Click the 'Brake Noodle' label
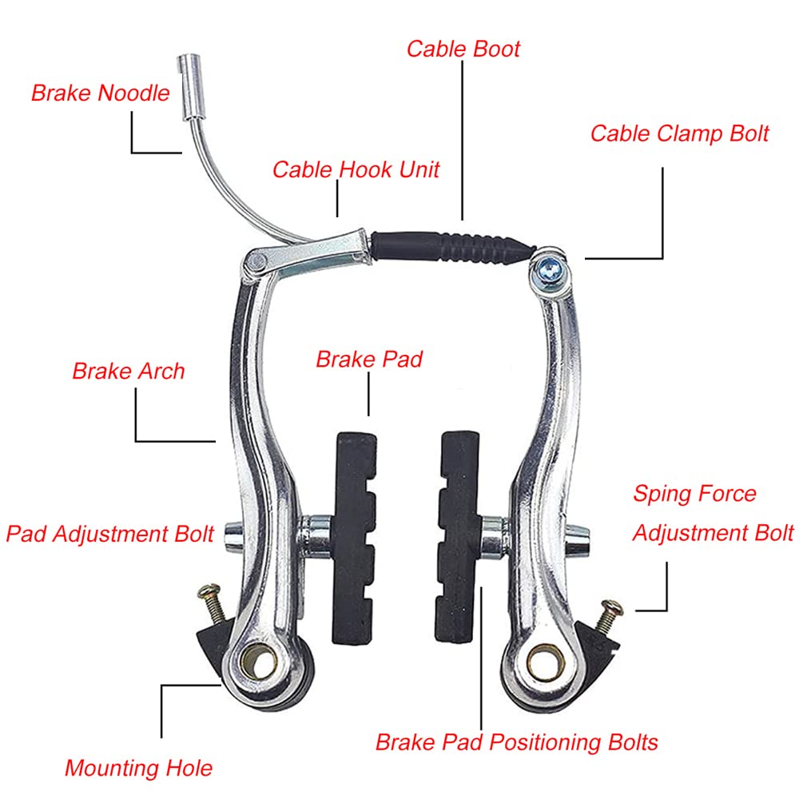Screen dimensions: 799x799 pyautogui.click(x=101, y=93)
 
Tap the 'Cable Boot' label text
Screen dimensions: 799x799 pyautogui.click(x=463, y=49)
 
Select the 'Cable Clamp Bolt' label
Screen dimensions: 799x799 pyautogui.click(x=679, y=134)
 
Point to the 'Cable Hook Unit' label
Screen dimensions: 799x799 pyautogui.click(x=356, y=169)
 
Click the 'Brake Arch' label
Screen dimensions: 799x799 pyautogui.click(x=129, y=371)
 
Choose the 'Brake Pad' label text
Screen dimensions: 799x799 pyautogui.click(x=369, y=360)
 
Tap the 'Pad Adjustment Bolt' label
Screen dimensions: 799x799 pyautogui.click(x=109, y=534)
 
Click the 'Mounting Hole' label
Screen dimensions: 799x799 pyautogui.click(x=138, y=768)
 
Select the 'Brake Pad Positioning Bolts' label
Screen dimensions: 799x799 pyautogui.click(x=517, y=742)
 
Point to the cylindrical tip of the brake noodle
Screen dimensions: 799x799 pyautogui.click(x=189, y=87)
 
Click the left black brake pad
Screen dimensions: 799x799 pyautogui.click(x=354, y=539)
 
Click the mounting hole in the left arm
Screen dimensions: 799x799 pyautogui.click(x=260, y=663)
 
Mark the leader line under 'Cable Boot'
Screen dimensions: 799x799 pyautogui.click(x=463, y=140)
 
